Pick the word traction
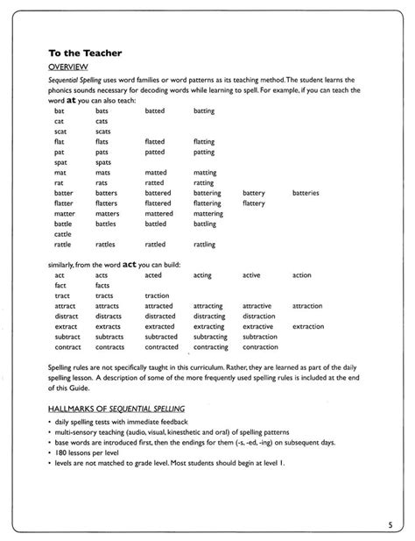point(158,295)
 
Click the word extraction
point(308,325)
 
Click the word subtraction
point(260,336)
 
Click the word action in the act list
point(301,274)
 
